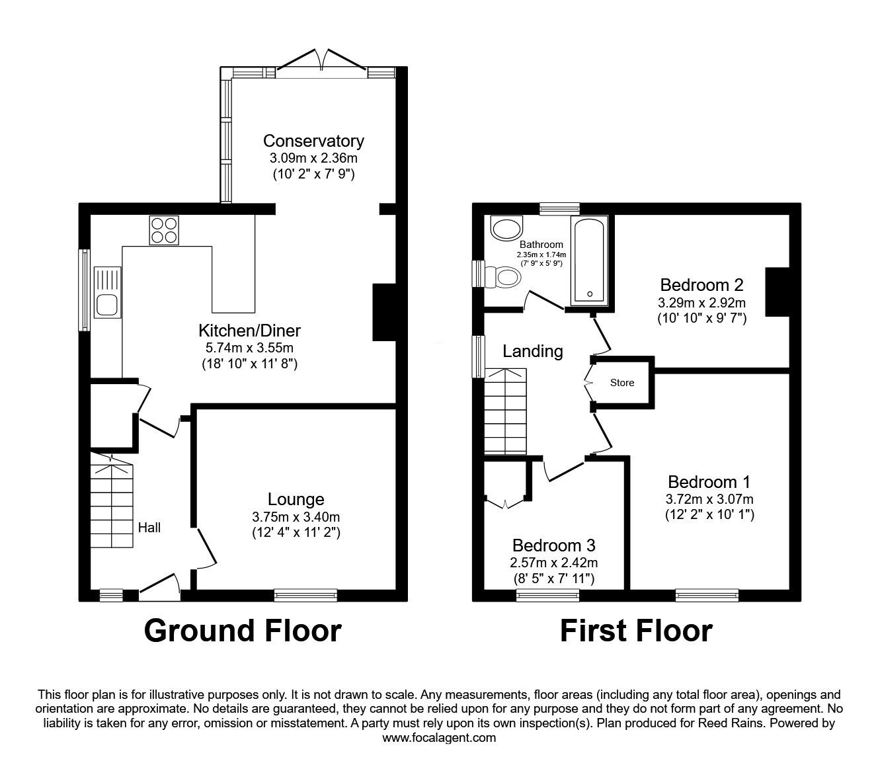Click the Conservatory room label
pyautogui.click(x=313, y=141)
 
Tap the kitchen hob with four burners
pyautogui.click(x=165, y=231)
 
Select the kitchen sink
pyautogui.click(x=107, y=292)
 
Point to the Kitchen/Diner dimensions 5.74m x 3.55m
pyautogui.click(x=249, y=347)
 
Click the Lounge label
pyautogui.click(x=296, y=500)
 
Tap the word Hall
pyautogui.click(x=149, y=528)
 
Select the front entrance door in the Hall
pyautogui.click(x=159, y=588)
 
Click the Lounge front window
pyautogui.click(x=305, y=596)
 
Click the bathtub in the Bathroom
pyautogui.click(x=590, y=262)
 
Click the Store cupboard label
pyautogui.click(x=621, y=383)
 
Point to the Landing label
pyautogui.click(x=532, y=351)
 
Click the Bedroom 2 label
pyautogui.click(x=701, y=285)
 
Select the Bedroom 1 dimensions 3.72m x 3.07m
pyautogui.click(x=709, y=499)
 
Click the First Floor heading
pyautogui.click(x=636, y=631)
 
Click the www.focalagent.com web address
pyautogui.click(x=439, y=738)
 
